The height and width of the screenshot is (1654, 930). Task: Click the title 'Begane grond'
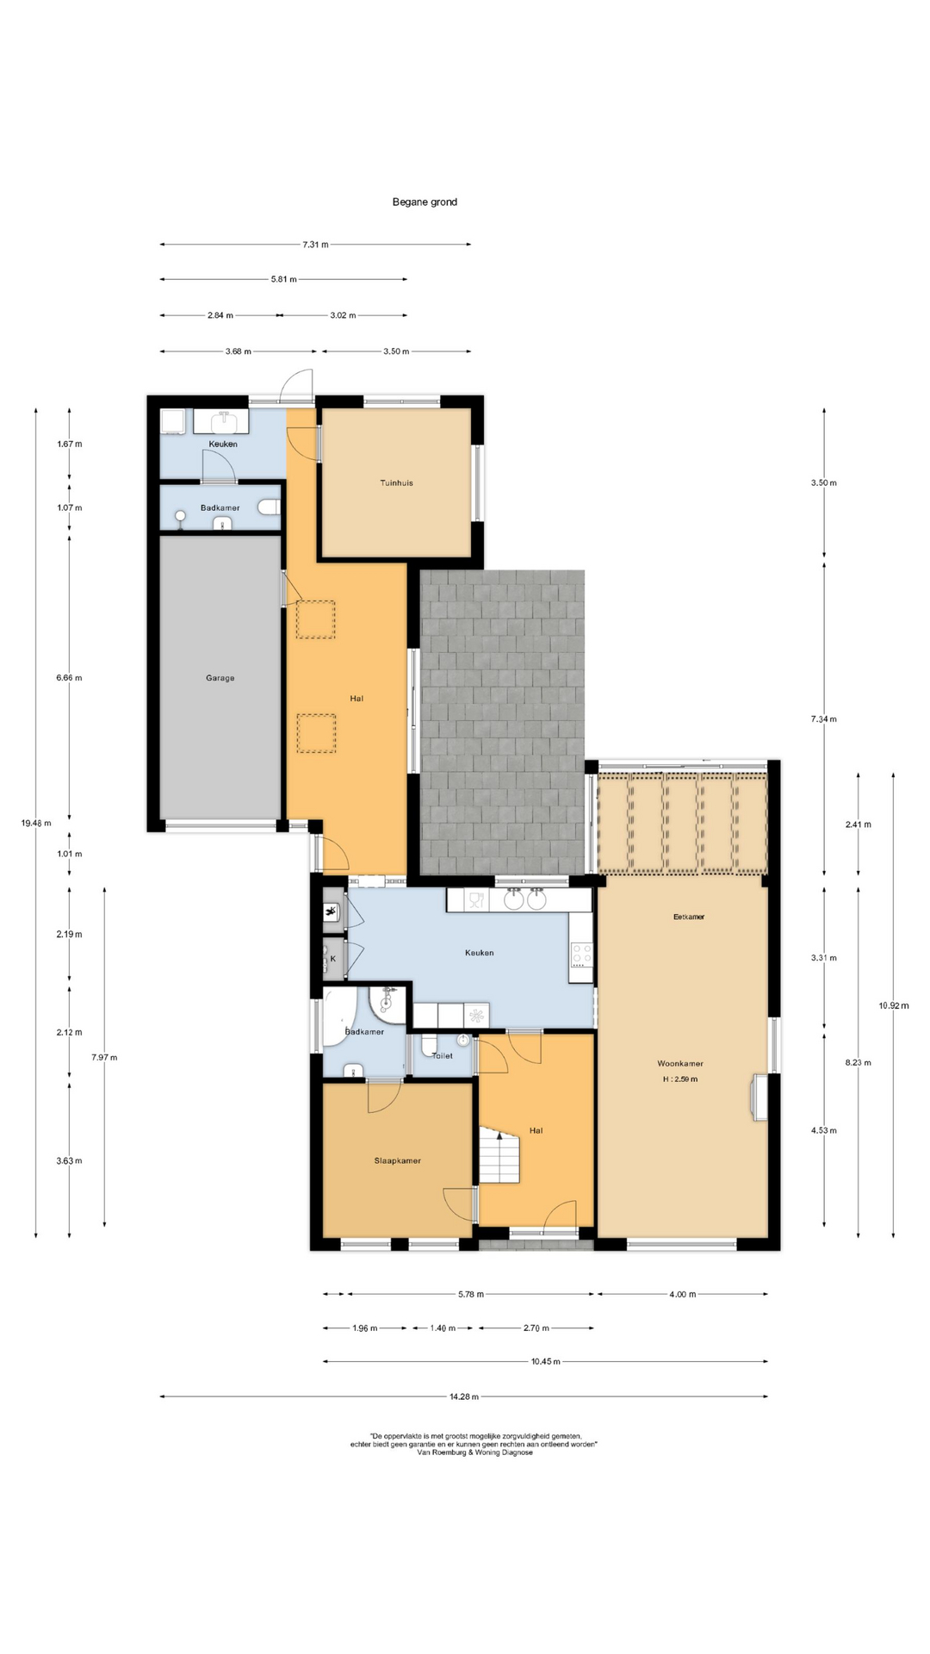click(x=425, y=202)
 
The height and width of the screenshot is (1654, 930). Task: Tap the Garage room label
click(x=220, y=678)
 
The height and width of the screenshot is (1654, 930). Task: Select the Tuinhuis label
click(x=396, y=483)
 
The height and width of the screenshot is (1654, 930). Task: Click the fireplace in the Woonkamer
click(x=759, y=1097)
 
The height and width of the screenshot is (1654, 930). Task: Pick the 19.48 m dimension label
click(x=35, y=823)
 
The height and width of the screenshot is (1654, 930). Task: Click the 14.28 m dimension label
click(x=464, y=1396)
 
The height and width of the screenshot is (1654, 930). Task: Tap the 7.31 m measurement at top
click(x=315, y=245)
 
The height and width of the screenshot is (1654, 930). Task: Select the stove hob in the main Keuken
click(x=582, y=954)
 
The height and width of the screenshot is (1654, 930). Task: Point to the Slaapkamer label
click(x=398, y=1161)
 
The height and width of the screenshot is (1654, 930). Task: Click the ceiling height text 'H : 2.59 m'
click(x=680, y=1079)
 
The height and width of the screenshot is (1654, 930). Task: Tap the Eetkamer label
click(x=689, y=917)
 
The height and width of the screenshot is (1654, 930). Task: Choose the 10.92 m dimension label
click(x=894, y=1005)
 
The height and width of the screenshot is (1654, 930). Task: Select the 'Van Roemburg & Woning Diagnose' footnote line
click(x=474, y=1452)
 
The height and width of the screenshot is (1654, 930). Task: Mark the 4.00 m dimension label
click(x=682, y=1294)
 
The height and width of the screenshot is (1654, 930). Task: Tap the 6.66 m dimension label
click(x=69, y=678)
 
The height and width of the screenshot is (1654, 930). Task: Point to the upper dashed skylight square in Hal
click(x=315, y=619)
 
